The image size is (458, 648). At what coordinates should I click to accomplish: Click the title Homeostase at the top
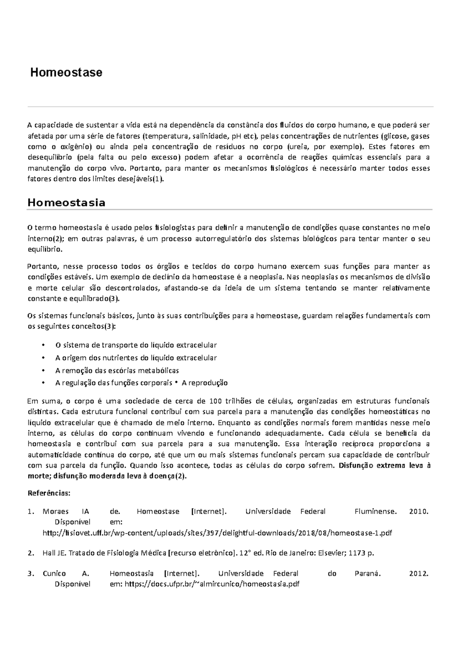coord(66,73)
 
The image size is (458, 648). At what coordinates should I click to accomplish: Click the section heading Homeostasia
coord(66,203)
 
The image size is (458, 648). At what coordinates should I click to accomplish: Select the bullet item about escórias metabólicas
coord(117,370)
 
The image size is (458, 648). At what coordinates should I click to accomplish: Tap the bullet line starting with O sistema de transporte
coord(136,345)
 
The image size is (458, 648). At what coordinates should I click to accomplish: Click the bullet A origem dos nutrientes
coord(136,358)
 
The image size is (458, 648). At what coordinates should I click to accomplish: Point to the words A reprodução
coord(205,383)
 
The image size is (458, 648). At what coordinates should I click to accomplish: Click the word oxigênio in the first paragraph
coord(74,147)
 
